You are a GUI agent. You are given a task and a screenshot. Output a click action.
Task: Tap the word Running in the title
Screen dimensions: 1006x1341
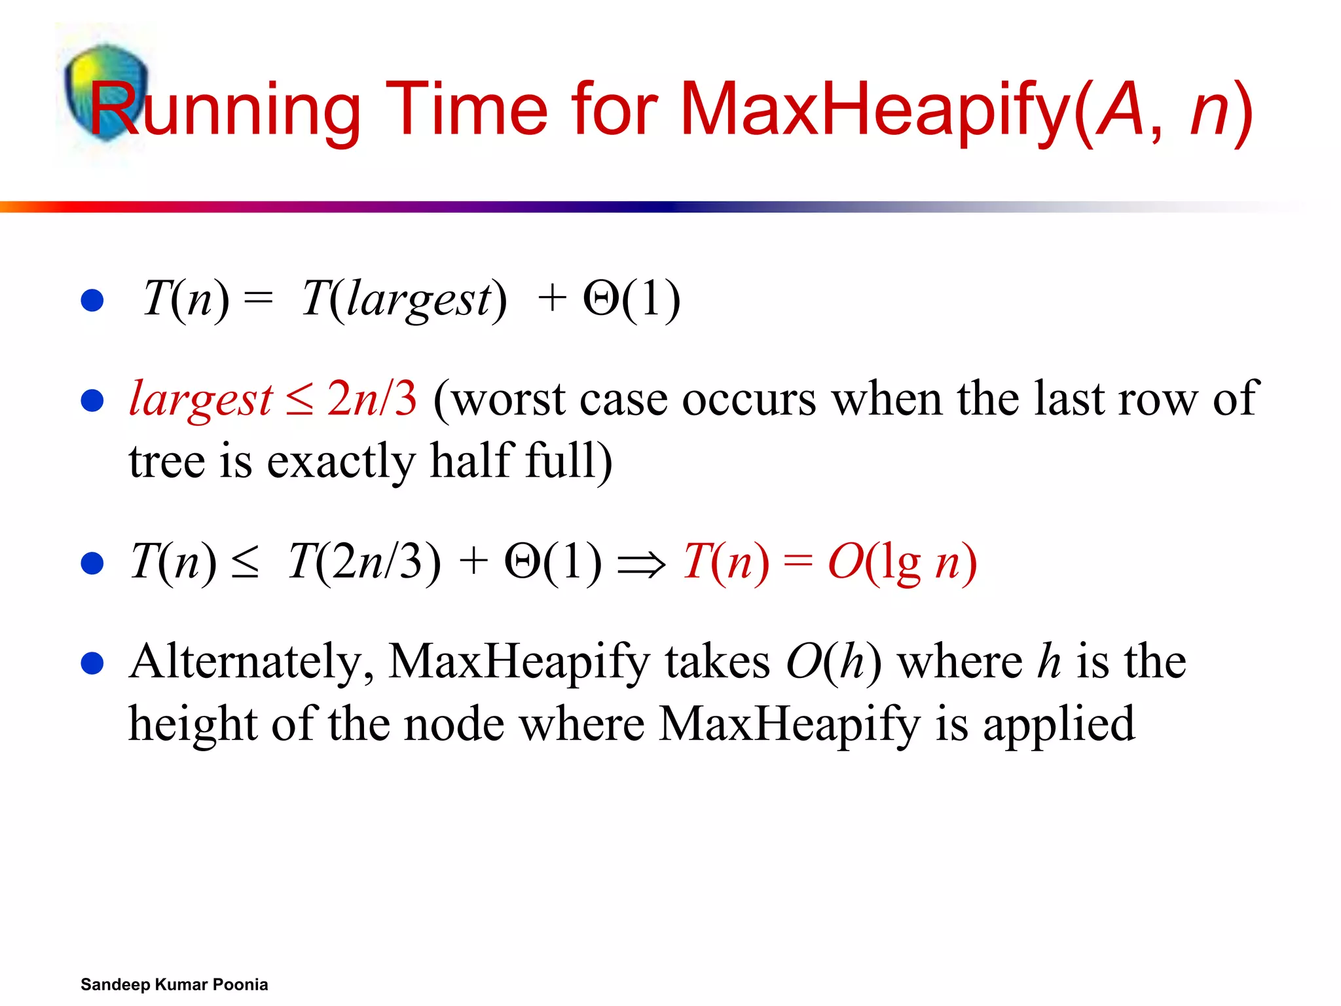click(225, 109)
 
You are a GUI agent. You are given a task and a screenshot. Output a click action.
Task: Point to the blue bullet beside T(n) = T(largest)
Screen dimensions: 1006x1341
click(92, 300)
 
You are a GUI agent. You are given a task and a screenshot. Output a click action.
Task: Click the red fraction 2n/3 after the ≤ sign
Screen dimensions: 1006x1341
click(371, 398)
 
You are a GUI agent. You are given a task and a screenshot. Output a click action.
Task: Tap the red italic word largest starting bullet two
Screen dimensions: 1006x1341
click(200, 400)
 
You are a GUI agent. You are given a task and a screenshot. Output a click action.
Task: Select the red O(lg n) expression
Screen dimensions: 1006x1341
click(902, 562)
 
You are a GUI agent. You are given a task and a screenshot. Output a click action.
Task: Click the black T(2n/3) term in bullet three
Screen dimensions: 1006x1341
click(364, 562)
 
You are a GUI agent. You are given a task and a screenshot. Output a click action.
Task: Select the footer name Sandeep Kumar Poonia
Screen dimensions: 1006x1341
click(174, 984)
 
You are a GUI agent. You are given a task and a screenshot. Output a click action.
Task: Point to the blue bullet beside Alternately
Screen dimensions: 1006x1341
click(92, 663)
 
